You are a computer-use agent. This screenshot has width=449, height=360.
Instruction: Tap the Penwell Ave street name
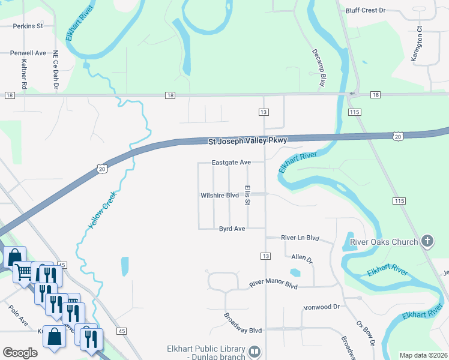pyautogui.click(x=28, y=53)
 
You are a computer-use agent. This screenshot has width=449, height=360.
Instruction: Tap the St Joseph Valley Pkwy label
pyautogui.click(x=248, y=140)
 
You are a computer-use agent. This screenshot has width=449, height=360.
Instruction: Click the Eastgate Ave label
pyautogui.click(x=231, y=163)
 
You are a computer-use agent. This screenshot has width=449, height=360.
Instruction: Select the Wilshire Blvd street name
pyautogui.click(x=220, y=195)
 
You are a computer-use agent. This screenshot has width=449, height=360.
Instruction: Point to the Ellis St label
pyautogui.click(x=247, y=195)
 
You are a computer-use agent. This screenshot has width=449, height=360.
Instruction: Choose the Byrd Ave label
pyautogui.click(x=232, y=229)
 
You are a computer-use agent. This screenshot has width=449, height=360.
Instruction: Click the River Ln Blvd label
pyautogui.click(x=300, y=238)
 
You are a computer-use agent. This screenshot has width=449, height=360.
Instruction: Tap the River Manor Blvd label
pyautogui.click(x=273, y=284)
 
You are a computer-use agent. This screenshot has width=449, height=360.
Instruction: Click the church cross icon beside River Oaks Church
pyautogui.click(x=427, y=242)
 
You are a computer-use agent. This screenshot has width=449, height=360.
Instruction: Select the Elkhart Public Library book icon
pyautogui.click(x=255, y=351)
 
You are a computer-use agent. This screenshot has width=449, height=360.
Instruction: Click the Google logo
pyautogui.click(x=20, y=353)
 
